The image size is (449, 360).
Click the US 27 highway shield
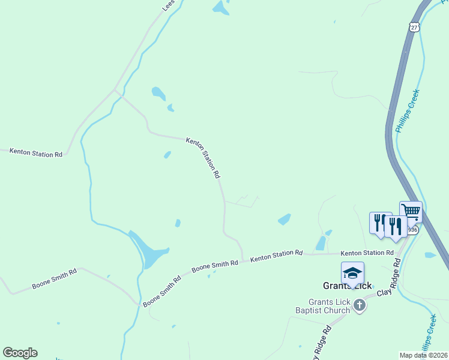(414, 27)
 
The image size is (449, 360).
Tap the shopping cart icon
(411, 211)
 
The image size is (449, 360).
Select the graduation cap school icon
(352, 273)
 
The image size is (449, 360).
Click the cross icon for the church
(359, 306)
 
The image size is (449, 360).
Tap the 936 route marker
(412, 230)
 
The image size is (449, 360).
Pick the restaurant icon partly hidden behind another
(378, 223)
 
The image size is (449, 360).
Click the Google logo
(20, 353)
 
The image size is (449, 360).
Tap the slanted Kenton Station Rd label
(203, 158)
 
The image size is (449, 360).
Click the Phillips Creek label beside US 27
(406, 111)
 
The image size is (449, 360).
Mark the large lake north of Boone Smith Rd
(149, 251)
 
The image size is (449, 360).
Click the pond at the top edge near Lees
(220, 7)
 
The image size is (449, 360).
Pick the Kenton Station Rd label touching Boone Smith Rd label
(276, 256)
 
